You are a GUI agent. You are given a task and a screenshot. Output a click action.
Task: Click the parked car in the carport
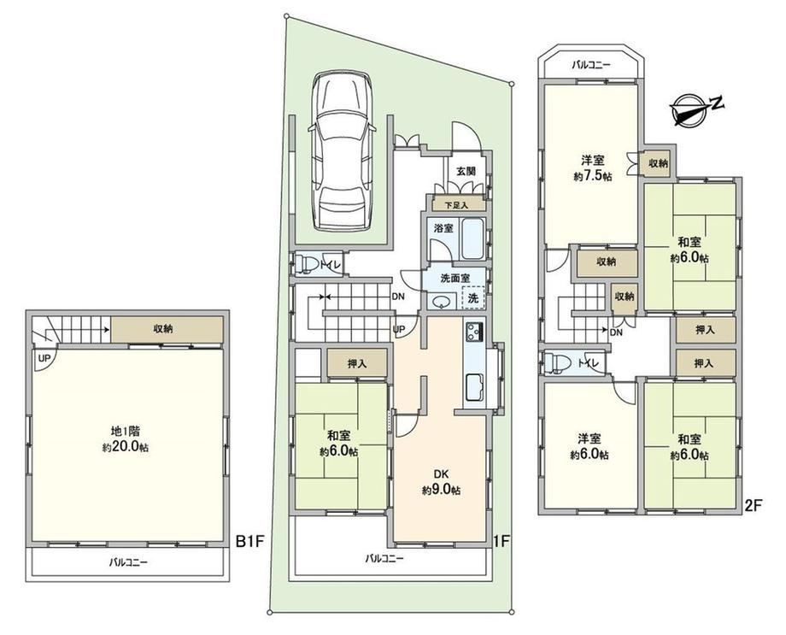(342, 151)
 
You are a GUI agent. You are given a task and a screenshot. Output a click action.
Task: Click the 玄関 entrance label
(466, 171)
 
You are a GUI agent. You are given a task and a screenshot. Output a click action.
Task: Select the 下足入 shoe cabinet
(457, 204)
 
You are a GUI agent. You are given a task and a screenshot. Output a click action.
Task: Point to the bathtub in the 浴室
(472, 239)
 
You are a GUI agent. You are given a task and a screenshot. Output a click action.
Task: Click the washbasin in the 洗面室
(441, 302)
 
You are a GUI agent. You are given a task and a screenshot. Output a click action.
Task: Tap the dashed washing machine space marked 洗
(472, 297)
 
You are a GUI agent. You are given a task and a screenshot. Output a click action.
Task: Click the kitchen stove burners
(474, 332)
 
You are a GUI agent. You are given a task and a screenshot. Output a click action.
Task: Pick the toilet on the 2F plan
(554, 362)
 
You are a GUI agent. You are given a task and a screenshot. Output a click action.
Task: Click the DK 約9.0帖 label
(441, 481)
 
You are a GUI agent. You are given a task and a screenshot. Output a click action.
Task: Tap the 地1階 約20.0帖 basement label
(126, 439)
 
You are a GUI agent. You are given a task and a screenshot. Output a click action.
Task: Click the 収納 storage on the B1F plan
(167, 330)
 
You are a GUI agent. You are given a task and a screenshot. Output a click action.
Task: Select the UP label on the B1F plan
(44, 358)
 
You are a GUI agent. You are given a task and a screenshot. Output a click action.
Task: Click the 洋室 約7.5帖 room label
(593, 168)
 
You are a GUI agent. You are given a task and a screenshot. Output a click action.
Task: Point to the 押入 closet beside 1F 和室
(357, 363)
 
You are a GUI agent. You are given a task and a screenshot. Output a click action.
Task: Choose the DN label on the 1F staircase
(398, 297)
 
